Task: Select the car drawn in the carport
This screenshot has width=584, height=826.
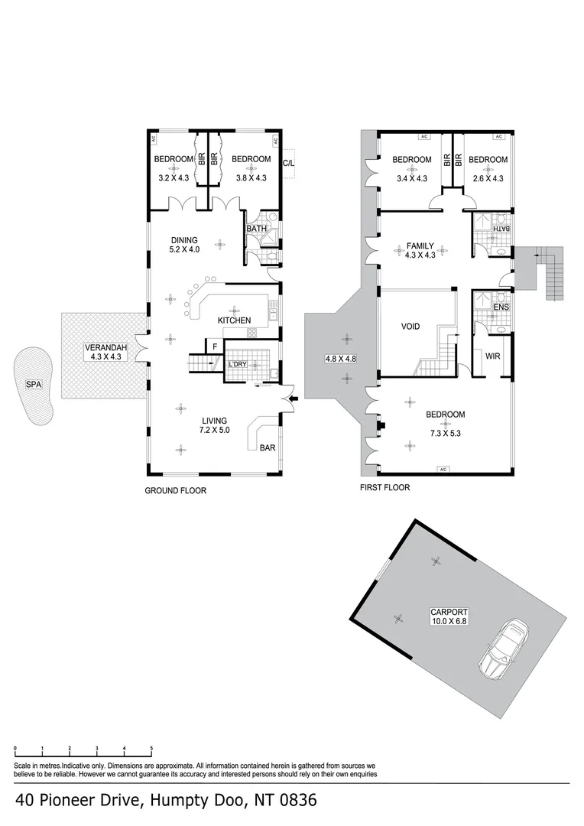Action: (502, 646)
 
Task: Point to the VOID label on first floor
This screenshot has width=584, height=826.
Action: (410, 327)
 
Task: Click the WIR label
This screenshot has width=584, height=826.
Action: (492, 356)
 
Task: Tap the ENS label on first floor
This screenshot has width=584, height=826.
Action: (501, 308)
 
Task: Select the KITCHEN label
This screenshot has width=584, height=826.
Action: (234, 320)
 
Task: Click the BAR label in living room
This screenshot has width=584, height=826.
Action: (268, 447)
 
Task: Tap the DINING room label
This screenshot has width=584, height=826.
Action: (184, 239)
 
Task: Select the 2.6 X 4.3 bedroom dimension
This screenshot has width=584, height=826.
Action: (488, 177)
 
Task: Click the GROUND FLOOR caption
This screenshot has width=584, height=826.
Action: (175, 490)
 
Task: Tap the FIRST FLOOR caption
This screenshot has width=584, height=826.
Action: (384, 487)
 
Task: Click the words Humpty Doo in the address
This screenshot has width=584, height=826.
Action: (193, 801)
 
